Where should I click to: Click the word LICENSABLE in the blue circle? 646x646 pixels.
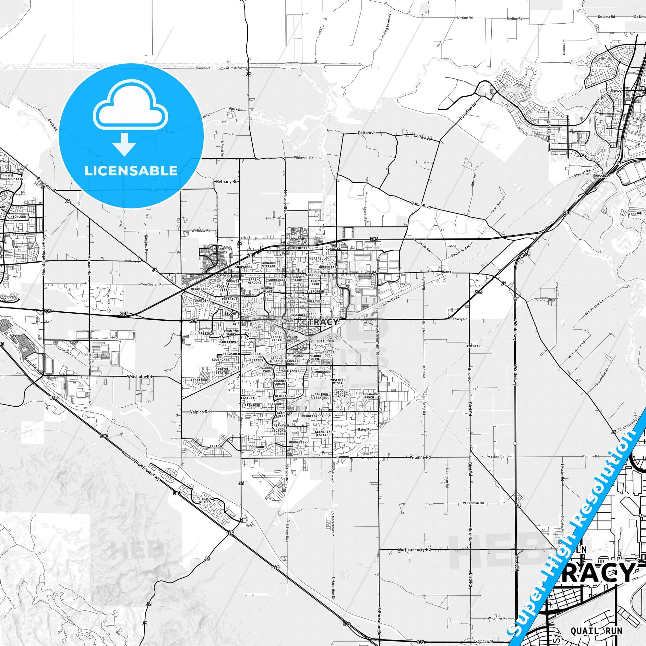click(131, 171)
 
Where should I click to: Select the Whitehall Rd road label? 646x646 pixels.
click(303, 157)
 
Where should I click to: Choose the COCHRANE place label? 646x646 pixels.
click(474, 346)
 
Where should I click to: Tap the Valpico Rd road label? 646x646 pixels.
click(200, 412)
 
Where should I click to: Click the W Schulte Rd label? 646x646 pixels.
click(139, 376)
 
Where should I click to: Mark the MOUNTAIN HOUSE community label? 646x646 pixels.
click(15, 181)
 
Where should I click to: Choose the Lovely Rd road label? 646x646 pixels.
click(460, 319)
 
